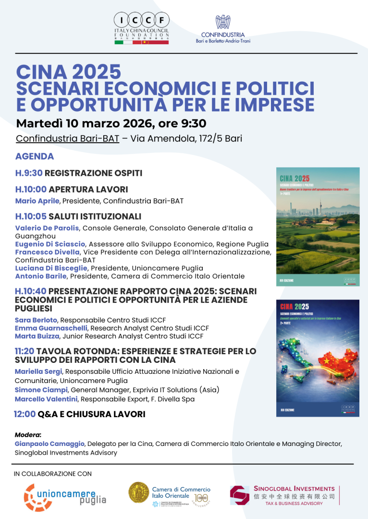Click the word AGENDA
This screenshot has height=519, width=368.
[x=35, y=156]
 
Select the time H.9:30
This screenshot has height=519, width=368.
[x=29, y=173]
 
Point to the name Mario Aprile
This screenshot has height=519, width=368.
[x=37, y=201]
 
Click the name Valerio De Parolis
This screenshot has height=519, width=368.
[x=47, y=228]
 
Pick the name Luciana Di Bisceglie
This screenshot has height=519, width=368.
[x=51, y=268]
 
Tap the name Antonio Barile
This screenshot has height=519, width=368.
[x=41, y=276]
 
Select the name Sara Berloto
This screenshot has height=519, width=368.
[x=36, y=320]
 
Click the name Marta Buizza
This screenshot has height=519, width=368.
[x=37, y=336]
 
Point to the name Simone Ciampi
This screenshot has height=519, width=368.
[x=41, y=390]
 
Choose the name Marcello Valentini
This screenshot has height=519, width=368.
[x=46, y=399]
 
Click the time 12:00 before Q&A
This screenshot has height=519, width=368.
[x=25, y=414]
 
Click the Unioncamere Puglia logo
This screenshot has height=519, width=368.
[x=65, y=496]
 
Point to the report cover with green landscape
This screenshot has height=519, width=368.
[x=318, y=226]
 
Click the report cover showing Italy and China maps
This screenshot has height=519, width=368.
[x=318, y=358]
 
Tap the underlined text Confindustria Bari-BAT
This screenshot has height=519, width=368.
[x=67, y=139]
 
